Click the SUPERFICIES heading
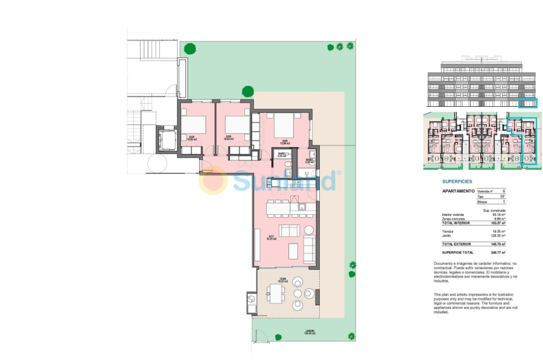pos(457,181)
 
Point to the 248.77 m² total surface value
pos(498,252)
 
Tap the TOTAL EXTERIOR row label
pos(457,244)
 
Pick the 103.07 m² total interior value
pos(498,223)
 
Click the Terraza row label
pos(448,231)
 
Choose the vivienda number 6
pos(504,191)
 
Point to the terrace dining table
pos(277,294)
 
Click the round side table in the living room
pos(309,229)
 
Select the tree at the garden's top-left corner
pos(190,48)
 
